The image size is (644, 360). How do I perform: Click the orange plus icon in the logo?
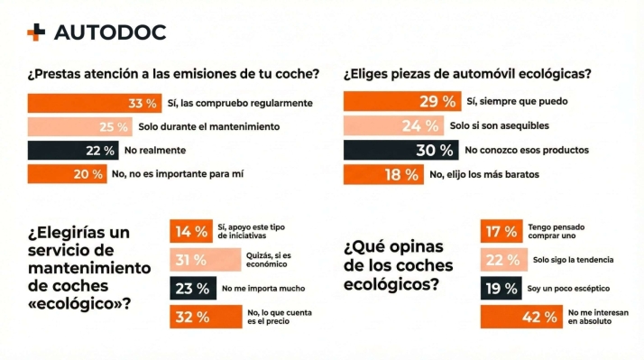click(x=36, y=32)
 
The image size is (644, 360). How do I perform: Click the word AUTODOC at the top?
click(x=109, y=32)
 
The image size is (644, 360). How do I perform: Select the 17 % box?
click(x=500, y=231)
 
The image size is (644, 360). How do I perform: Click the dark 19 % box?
click(x=500, y=289)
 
